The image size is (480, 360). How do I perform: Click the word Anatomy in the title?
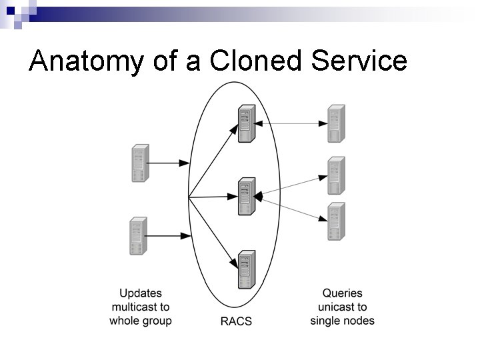point(86,61)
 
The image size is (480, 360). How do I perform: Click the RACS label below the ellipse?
point(236,321)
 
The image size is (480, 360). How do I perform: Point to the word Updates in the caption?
point(141,293)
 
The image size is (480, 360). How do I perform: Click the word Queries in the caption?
point(342,293)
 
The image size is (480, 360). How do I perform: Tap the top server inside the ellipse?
point(247,123)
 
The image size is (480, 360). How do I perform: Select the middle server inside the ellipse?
point(247,197)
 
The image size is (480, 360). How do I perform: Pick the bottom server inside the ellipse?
point(247,270)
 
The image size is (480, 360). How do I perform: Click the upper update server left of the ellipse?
point(141,163)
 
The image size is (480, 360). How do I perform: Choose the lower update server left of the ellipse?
point(139,236)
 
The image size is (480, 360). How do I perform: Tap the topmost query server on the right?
point(337,123)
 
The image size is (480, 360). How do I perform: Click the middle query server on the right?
point(337,175)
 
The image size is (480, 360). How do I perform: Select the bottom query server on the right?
point(337,221)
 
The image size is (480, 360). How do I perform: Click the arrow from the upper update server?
point(168,163)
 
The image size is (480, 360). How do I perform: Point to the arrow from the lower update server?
point(167,236)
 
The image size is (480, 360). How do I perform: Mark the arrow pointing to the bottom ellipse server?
point(213,233)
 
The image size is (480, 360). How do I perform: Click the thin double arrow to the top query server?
point(291,124)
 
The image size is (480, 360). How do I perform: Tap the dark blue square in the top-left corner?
point(11,11)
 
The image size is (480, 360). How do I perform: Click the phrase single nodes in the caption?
point(342,321)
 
